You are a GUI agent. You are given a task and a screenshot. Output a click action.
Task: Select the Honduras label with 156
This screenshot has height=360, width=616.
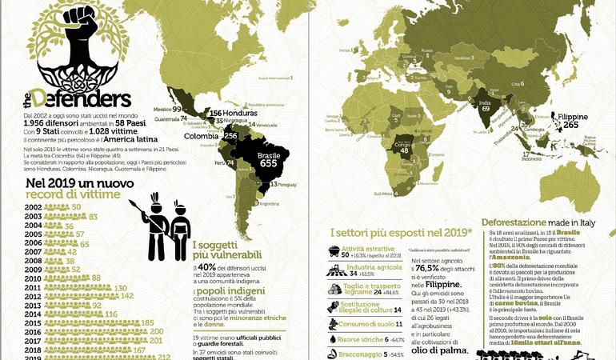[225, 114]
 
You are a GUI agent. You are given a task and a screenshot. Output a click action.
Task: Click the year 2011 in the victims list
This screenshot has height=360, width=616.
[12, 286]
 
